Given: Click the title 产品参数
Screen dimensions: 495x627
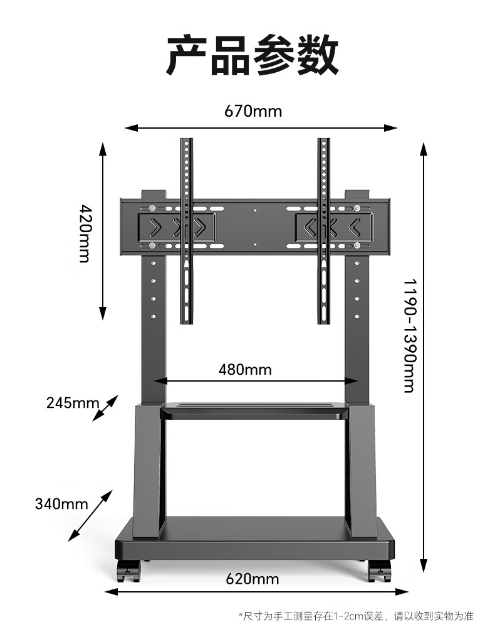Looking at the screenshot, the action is point(253,56).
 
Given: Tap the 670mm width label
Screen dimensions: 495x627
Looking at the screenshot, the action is point(253,112).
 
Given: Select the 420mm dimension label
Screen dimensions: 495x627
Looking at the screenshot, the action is point(85,233).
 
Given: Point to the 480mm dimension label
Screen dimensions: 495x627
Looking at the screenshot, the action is point(245,369).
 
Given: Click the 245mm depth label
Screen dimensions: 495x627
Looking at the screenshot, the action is point(72,402).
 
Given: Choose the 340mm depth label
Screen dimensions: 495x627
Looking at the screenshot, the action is point(61,503).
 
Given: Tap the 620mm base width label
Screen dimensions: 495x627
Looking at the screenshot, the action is point(253,578).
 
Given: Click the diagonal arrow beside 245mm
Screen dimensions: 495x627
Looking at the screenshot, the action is point(105,408).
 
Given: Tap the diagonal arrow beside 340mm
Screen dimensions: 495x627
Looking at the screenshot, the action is point(90,515).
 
